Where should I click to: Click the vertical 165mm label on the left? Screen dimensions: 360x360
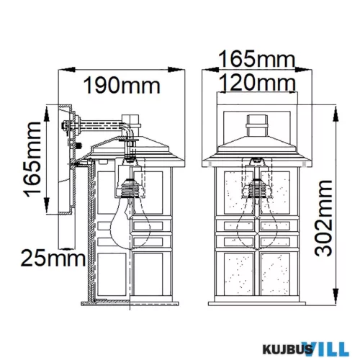[32, 163]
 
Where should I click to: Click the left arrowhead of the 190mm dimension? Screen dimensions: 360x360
[60, 70]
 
